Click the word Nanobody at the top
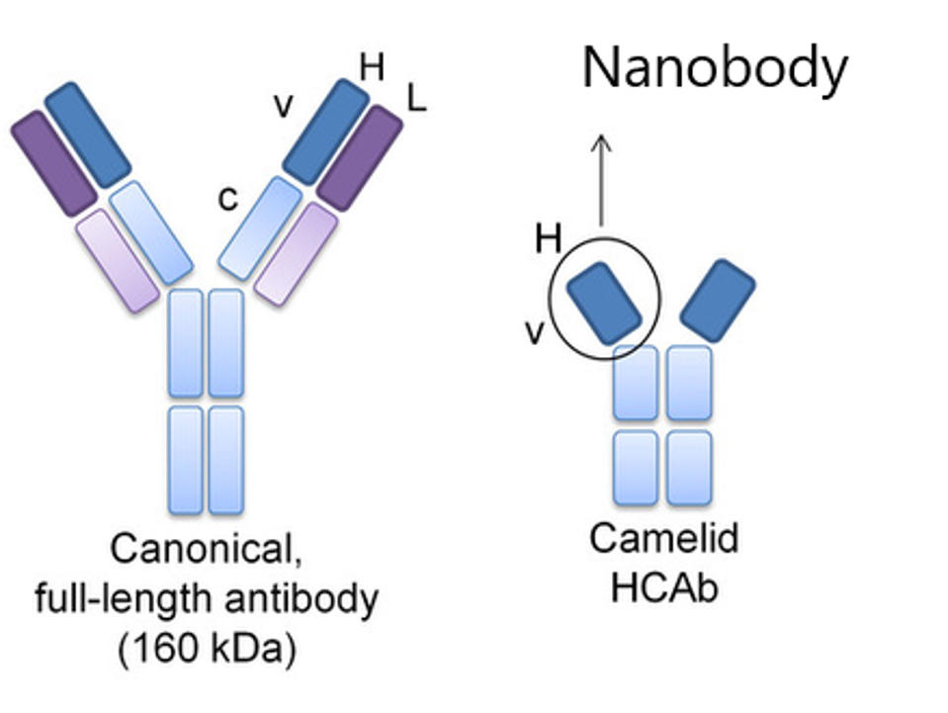point(714,67)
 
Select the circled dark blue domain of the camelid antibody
point(604,302)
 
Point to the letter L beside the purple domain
point(416,97)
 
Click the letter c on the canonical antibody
point(228,199)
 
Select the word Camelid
point(663,539)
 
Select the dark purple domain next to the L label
point(359,157)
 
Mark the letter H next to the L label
point(372,67)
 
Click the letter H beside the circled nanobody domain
point(548,238)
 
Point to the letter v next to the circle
point(534,333)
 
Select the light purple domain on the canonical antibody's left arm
point(117,260)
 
